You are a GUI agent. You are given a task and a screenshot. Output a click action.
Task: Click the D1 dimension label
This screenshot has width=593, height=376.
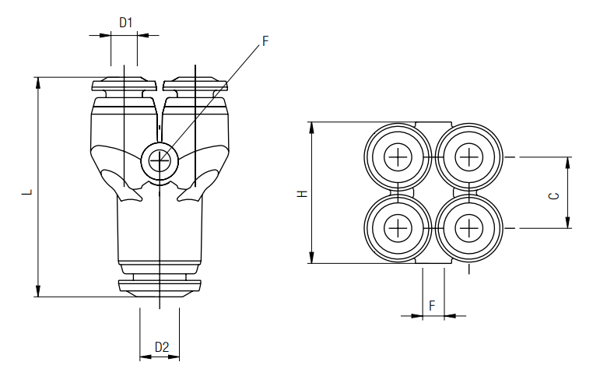pos(125,23)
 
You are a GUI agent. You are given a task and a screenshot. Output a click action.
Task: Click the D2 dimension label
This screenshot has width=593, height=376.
pos(162,346)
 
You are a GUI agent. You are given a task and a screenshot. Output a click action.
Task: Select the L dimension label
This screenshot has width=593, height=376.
pos(26,189)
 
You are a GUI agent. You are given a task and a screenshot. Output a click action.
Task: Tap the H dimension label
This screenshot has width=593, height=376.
pos(302,193)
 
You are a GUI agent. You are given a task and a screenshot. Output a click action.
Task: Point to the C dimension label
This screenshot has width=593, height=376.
pos(554,195)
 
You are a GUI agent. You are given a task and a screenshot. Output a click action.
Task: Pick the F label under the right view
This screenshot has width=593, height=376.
pos(432,306)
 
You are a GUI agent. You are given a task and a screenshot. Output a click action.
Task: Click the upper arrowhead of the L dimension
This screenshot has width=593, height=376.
pos(37,82)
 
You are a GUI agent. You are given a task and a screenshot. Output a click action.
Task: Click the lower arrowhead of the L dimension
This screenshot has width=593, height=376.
pos(37,292)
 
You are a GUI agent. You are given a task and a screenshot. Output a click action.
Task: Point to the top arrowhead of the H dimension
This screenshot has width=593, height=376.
pos(312,127)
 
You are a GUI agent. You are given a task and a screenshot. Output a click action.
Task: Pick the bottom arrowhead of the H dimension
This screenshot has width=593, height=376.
pos(312,258)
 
